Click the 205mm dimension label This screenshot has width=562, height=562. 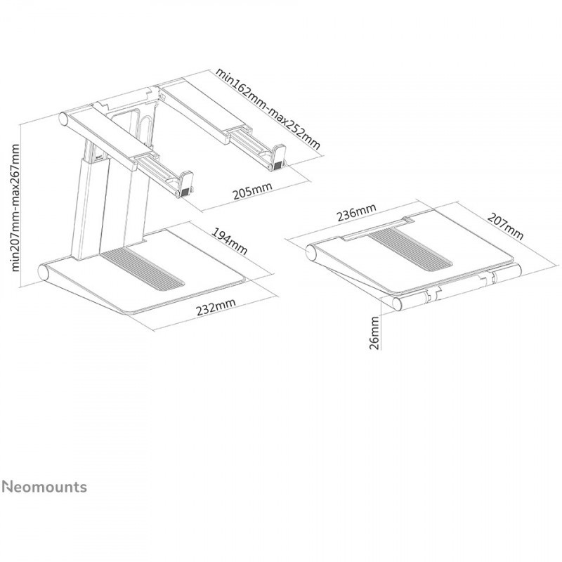click(x=252, y=190)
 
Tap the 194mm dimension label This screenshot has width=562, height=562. click(x=230, y=241)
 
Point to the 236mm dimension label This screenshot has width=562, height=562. click(x=356, y=212)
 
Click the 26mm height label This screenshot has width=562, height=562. click(x=374, y=332)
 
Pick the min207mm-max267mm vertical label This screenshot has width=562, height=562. click(x=15, y=207)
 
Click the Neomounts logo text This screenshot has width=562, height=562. click(x=44, y=487)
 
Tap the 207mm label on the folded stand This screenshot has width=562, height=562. click(x=505, y=226)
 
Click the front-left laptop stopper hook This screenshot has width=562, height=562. click(x=185, y=184)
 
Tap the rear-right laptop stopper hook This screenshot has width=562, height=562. click(x=277, y=157)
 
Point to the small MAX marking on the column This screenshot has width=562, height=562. click(x=99, y=156)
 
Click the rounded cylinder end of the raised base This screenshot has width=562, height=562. click(x=44, y=273)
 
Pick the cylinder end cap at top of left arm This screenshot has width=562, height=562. click(x=64, y=119)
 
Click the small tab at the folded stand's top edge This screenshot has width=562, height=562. click(x=407, y=219)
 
